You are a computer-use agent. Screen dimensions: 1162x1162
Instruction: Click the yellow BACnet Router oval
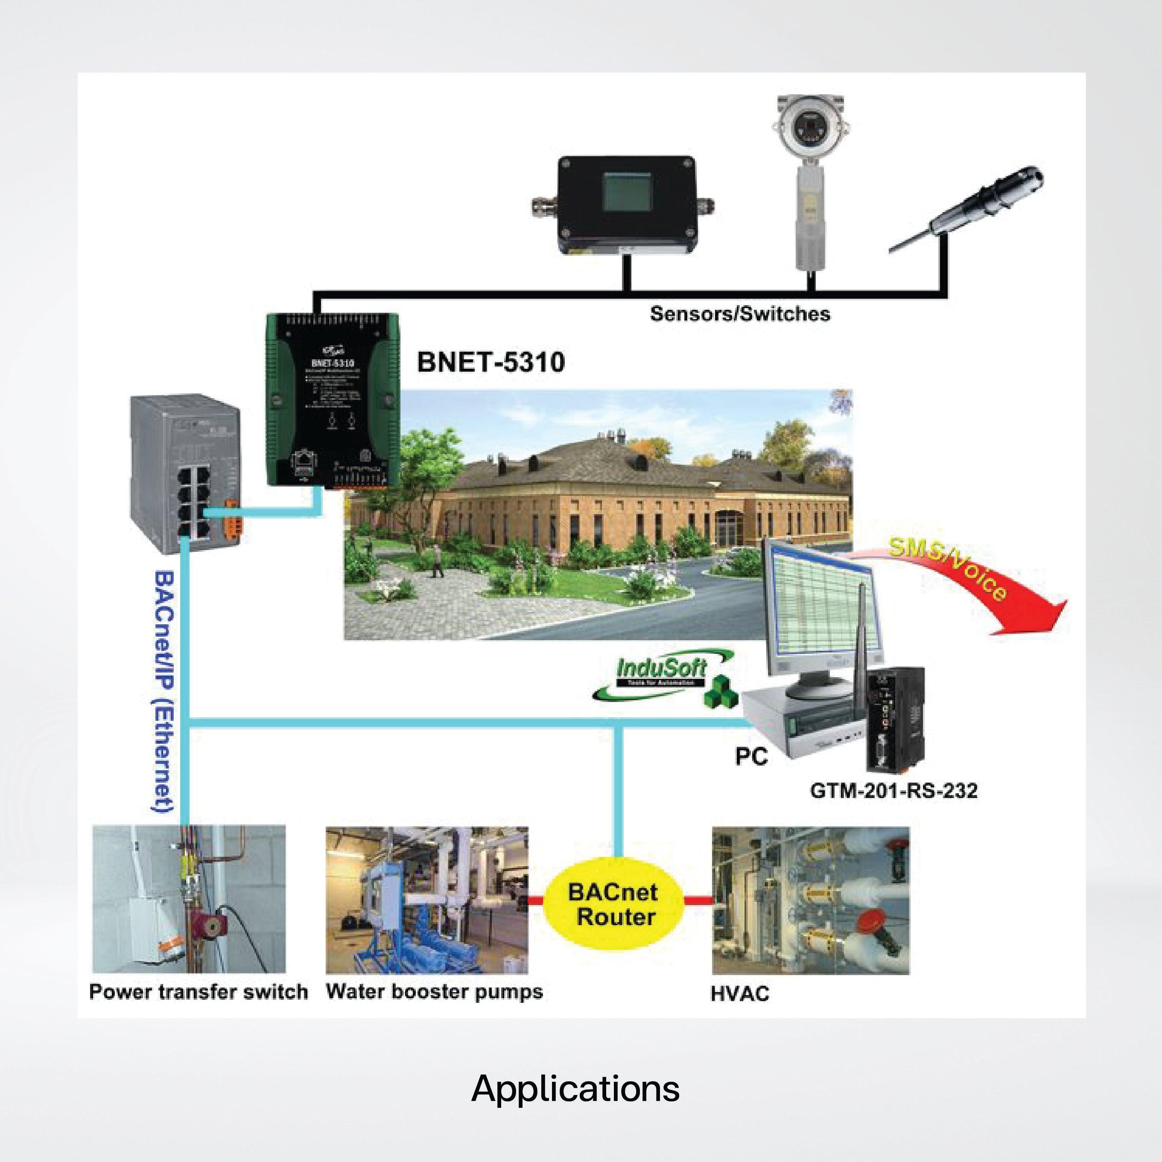614,905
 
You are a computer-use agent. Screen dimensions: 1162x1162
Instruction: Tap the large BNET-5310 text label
490,362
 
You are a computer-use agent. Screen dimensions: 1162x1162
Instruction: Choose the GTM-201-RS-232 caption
893,790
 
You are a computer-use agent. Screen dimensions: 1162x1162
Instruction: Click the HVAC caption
739,993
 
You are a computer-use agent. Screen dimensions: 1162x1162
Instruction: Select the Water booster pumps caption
434,991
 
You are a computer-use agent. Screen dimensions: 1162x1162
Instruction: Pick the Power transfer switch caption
198,991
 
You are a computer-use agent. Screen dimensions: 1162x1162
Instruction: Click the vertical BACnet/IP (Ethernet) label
163,692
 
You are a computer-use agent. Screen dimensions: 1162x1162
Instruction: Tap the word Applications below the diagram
575,1089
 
